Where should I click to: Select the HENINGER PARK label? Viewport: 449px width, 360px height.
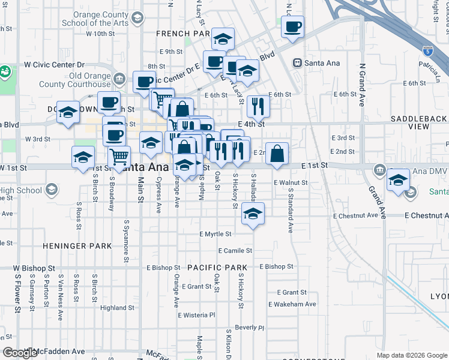click(x=77, y=246)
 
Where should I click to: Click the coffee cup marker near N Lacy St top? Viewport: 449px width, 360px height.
click(x=292, y=27)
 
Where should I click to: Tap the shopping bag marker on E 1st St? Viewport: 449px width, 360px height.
click(x=277, y=154)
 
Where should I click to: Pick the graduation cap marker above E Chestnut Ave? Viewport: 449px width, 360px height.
click(x=253, y=214)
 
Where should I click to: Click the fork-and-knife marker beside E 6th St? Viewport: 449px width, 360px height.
click(x=258, y=106)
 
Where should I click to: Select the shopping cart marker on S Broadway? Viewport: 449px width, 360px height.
click(x=119, y=157)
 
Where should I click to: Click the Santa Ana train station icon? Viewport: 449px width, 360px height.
click(x=297, y=62)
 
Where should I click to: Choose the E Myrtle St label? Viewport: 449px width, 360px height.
click(x=215, y=234)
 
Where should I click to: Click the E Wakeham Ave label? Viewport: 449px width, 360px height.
click(x=292, y=304)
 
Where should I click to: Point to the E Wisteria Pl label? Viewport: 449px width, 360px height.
click(x=196, y=315)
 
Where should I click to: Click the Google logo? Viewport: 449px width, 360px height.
click(x=20, y=353)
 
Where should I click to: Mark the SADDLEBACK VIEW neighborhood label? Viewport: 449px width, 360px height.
click(x=419, y=123)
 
